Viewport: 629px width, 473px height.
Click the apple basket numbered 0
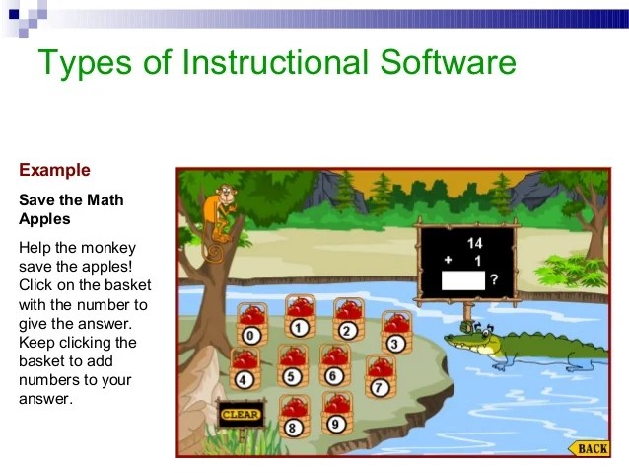pos(252,325)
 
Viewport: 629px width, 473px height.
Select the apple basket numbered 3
pos(396,333)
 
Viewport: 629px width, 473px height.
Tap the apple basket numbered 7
pos(381,376)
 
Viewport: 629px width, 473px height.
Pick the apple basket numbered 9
pos(337,414)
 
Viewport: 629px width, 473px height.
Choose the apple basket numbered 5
pos(293,365)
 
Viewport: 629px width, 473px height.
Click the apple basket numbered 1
pos(300,317)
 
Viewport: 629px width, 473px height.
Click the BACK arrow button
pos(589,448)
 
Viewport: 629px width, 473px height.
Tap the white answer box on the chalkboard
pos(463,280)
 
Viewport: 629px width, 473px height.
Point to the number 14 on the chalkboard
pos(474,243)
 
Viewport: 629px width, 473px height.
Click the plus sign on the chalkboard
pos(448,260)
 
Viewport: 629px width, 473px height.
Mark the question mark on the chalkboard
pos(494,279)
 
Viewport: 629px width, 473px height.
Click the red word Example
pos(54,170)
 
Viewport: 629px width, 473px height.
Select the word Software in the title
pos(448,62)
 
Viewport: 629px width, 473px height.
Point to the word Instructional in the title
pos(274,62)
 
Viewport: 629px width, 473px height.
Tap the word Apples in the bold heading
pos(44,219)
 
